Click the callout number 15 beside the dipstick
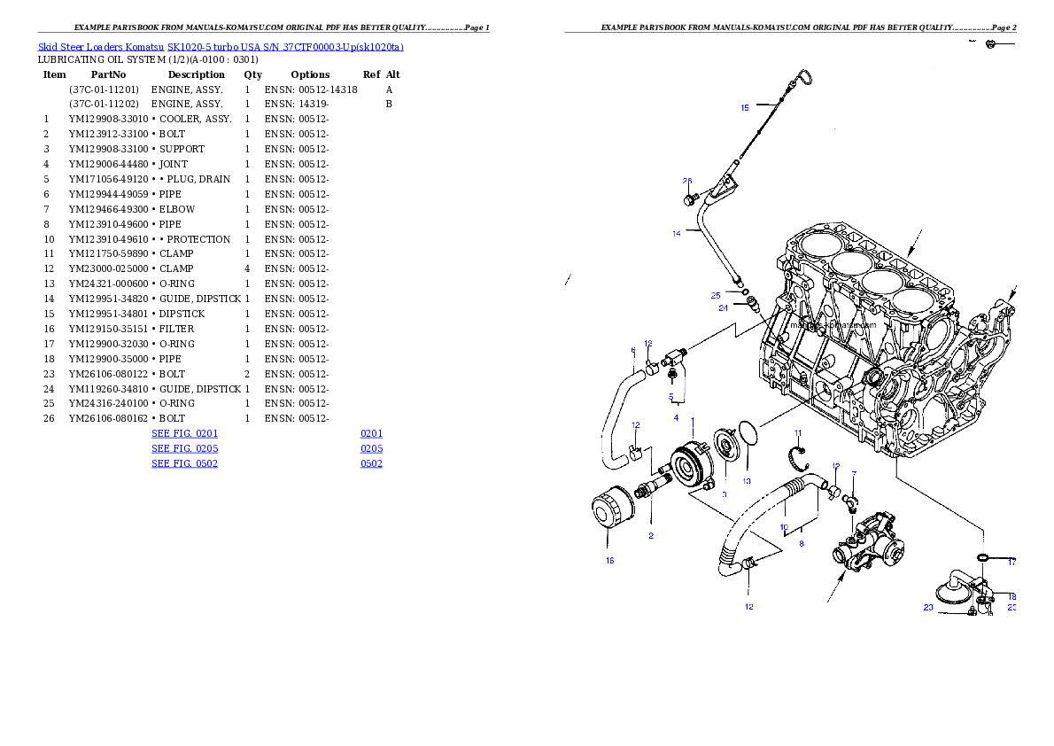pyautogui.click(x=745, y=108)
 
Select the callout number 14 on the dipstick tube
pyautogui.click(x=677, y=233)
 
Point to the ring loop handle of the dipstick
pyautogui.click(x=803, y=78)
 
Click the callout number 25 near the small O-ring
pyautogui.click(x=716, y=295)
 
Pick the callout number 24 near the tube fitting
pyautogui.click(x=723, y=308)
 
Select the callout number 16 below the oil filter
pyautogui.click(x=609, y=560)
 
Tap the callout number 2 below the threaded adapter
pyautogui.click(x=651, y=535)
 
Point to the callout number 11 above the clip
pyautogui.click(x=797, y=433)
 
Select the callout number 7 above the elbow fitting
pyautogui.click(x=854, y=474)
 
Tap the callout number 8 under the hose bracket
pyautogui.click(x=801, y=543)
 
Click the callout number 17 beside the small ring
pyautogui.click(x=1011, y=562)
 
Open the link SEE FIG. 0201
pyautogui.click(x=184, y=434)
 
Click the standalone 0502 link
pyautogui.click(x=371, y=463)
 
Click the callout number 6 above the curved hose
pyautogui.click(x=633, y=350)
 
